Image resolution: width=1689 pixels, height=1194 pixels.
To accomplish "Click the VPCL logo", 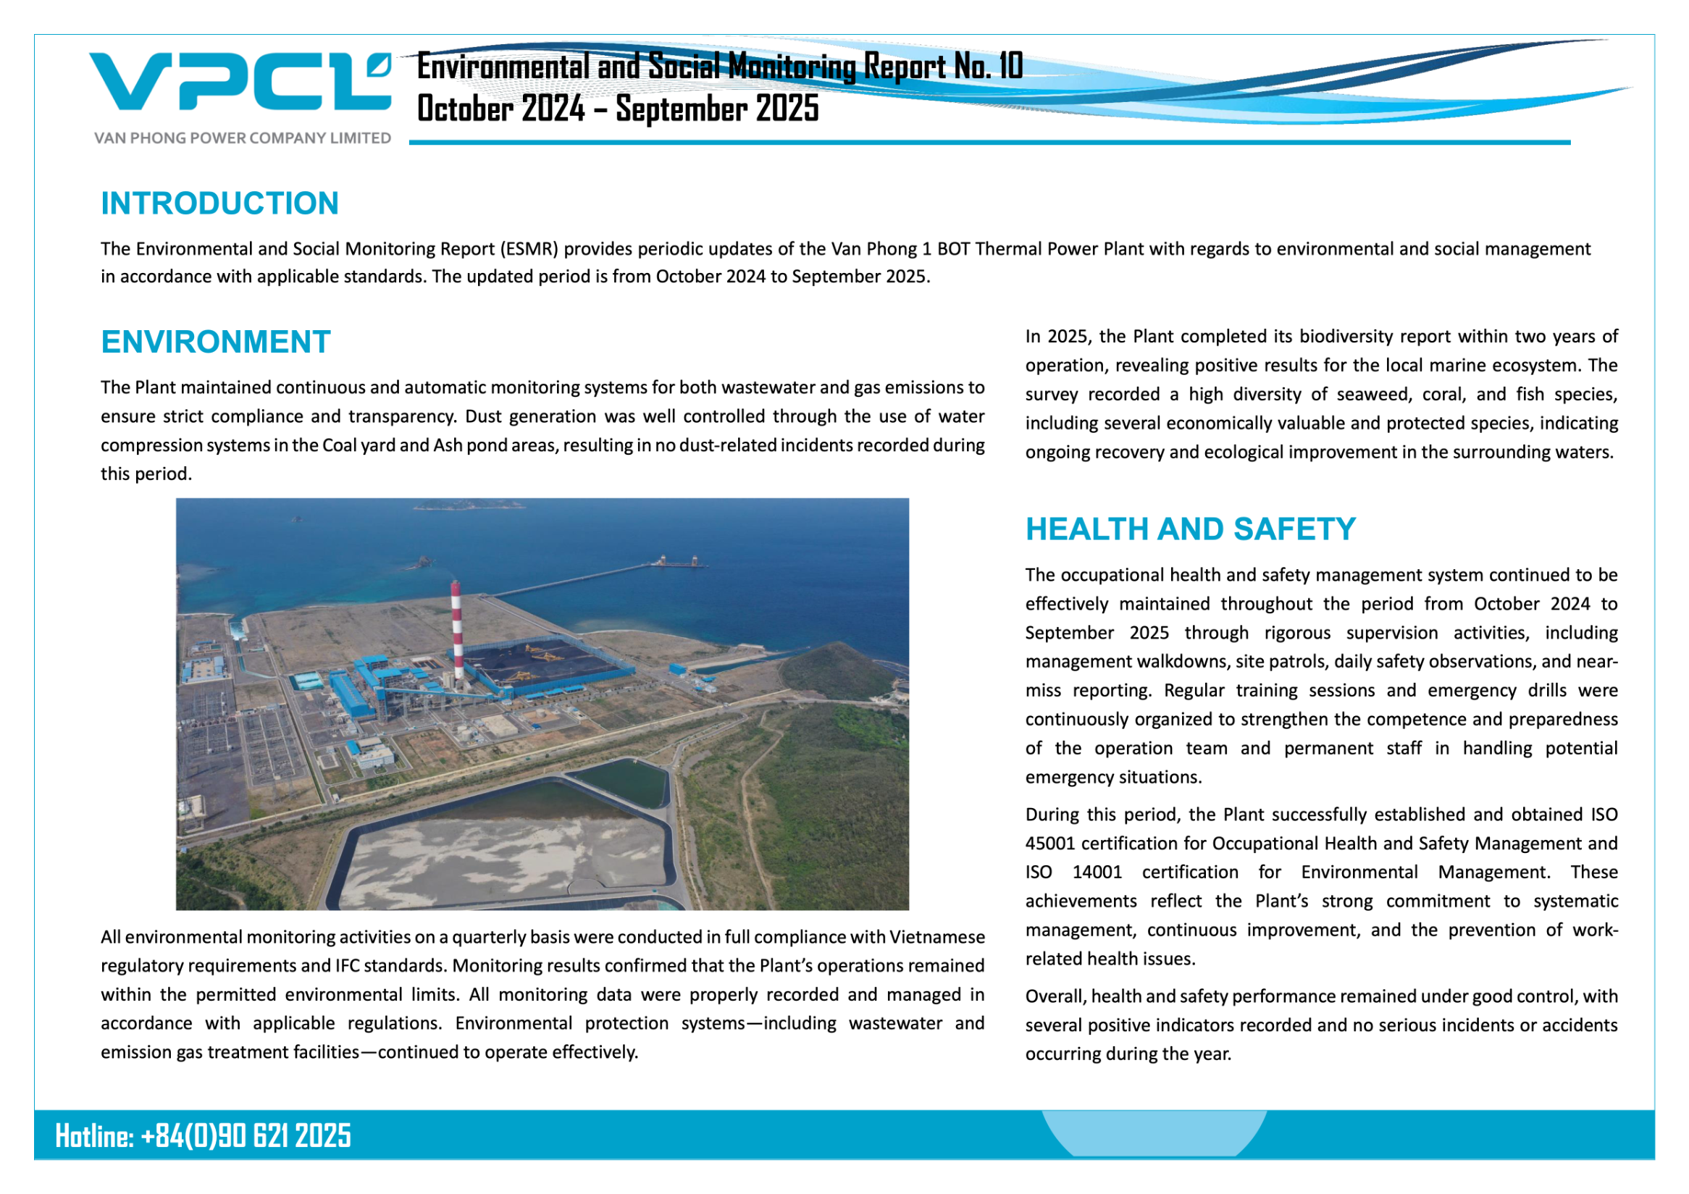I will (x=240, y=82).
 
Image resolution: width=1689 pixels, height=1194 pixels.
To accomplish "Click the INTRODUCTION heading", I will (x=219, y=203).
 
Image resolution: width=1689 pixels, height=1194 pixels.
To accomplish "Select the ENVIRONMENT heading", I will (x=216, y=342).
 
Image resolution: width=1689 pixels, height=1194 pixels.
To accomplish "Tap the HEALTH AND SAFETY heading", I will (x=1190, y=529).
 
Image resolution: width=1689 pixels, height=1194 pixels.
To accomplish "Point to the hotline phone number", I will (x=246, y=1136).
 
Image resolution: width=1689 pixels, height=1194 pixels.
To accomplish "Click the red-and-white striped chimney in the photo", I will (x=456, y=632).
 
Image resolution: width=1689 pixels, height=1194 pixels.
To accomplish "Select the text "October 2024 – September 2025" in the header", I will (x=617, y=109).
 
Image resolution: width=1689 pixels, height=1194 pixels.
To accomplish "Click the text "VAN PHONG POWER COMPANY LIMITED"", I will (x=242, y=138).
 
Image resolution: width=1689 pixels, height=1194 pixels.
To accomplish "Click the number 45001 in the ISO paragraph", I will (x=1049, y=844).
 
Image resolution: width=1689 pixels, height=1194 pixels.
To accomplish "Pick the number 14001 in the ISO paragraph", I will (x=1097, y=872).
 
